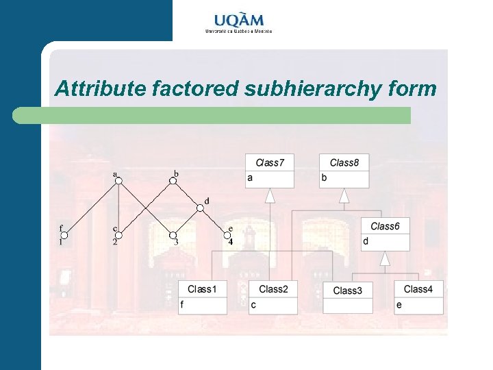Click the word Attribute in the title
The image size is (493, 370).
click(100, 88)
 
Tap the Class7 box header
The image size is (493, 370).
click(270, 162)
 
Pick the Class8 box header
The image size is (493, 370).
click(344, 162)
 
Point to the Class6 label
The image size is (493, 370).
click(385, 226)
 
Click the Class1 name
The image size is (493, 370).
click(202, 289)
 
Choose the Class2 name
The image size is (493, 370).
click(273, 289)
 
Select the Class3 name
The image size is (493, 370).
click(347, 291)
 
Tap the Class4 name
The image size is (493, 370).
click(418, 289)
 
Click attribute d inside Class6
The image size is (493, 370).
click(366, 241)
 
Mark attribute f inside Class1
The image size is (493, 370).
click(182, 305)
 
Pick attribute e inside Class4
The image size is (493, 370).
click(399, 305)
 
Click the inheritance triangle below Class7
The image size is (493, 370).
click(270, 196)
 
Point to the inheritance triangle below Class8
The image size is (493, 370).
click(344, 196)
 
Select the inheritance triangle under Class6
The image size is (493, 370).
click(385, 258)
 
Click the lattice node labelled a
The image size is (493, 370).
click(118, 181)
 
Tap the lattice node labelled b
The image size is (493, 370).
click(173, 181)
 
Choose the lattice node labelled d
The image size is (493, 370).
click(201, 208)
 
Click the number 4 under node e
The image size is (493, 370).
click(231, 242)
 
